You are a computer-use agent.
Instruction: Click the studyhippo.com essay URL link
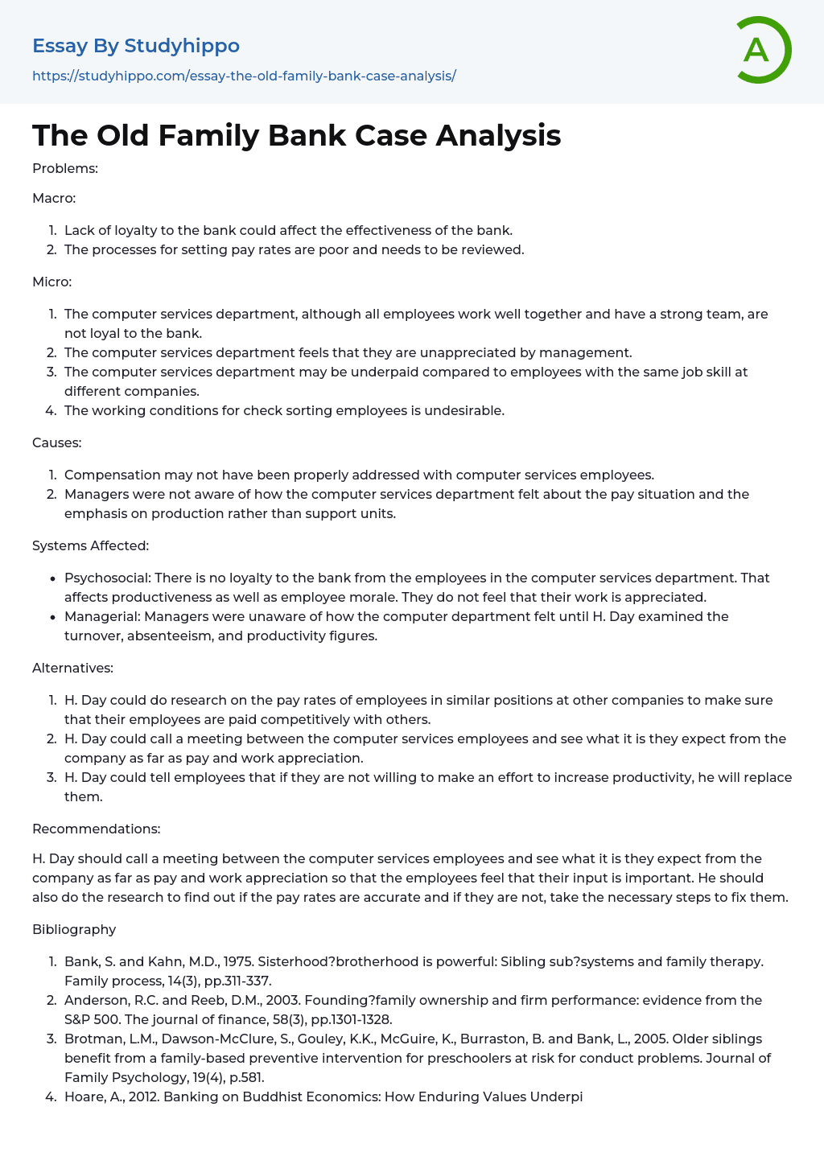tap(244, 76)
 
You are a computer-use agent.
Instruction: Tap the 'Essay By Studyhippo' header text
tap(136, 46)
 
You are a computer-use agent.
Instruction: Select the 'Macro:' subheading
tap(54, 198)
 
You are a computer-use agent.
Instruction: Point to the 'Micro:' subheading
tap(52, 282)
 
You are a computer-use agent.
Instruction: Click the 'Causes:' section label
tap(56, 442)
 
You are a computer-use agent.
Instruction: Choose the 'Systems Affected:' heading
tap(90, 545)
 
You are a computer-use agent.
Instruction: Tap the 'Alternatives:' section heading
tap(72, 668)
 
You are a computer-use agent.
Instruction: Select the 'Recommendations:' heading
tap(96, 829)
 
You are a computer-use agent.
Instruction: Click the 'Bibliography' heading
tap(74, 929)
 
